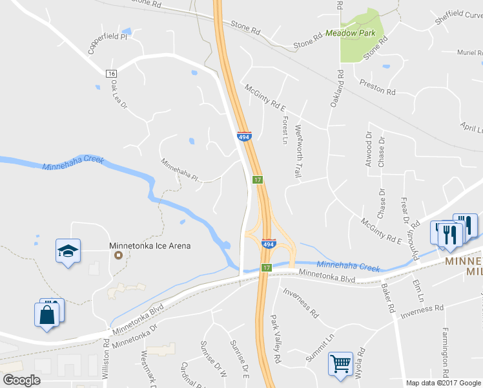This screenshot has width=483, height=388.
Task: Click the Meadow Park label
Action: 350,32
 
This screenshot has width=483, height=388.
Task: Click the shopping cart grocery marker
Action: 340,363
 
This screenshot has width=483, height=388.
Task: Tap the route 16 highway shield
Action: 112,74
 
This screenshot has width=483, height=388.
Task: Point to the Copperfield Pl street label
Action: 108,41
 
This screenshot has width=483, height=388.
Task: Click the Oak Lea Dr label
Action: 119,94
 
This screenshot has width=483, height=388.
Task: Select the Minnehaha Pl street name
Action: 179,171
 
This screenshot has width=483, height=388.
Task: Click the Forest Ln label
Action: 285,129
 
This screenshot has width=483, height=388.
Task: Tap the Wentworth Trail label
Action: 298,151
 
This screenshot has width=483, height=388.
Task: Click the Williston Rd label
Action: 107,357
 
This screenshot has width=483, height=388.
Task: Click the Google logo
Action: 21,380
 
